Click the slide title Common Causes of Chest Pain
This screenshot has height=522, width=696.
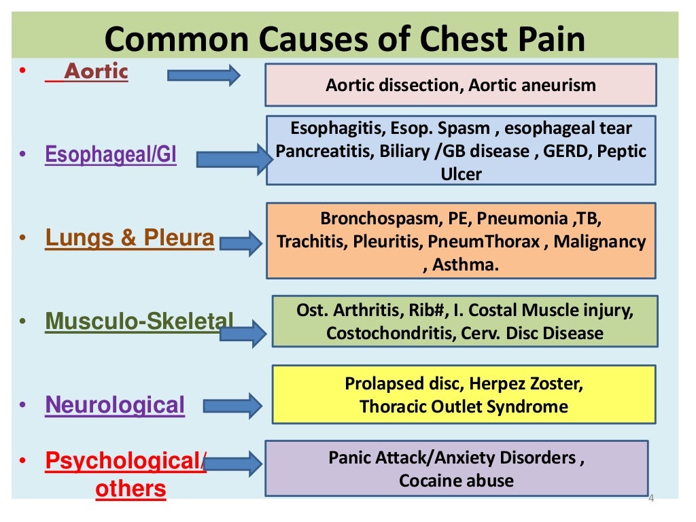[345, 39]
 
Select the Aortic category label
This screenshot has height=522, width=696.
[95, 71]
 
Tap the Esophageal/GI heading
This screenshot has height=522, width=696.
[111, 155]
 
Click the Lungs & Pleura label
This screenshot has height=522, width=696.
[129, 238]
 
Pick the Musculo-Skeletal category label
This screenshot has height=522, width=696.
[139, 321]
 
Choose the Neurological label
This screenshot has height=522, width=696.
[115, 405]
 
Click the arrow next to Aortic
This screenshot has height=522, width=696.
[204, 75]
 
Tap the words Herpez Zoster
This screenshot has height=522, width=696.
[525, 384]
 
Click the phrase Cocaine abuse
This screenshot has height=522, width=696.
[456, 481]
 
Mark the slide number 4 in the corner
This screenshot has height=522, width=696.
[650, 498]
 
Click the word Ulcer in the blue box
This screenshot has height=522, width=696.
[461, 173]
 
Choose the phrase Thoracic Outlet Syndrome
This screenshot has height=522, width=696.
[464, 406]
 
